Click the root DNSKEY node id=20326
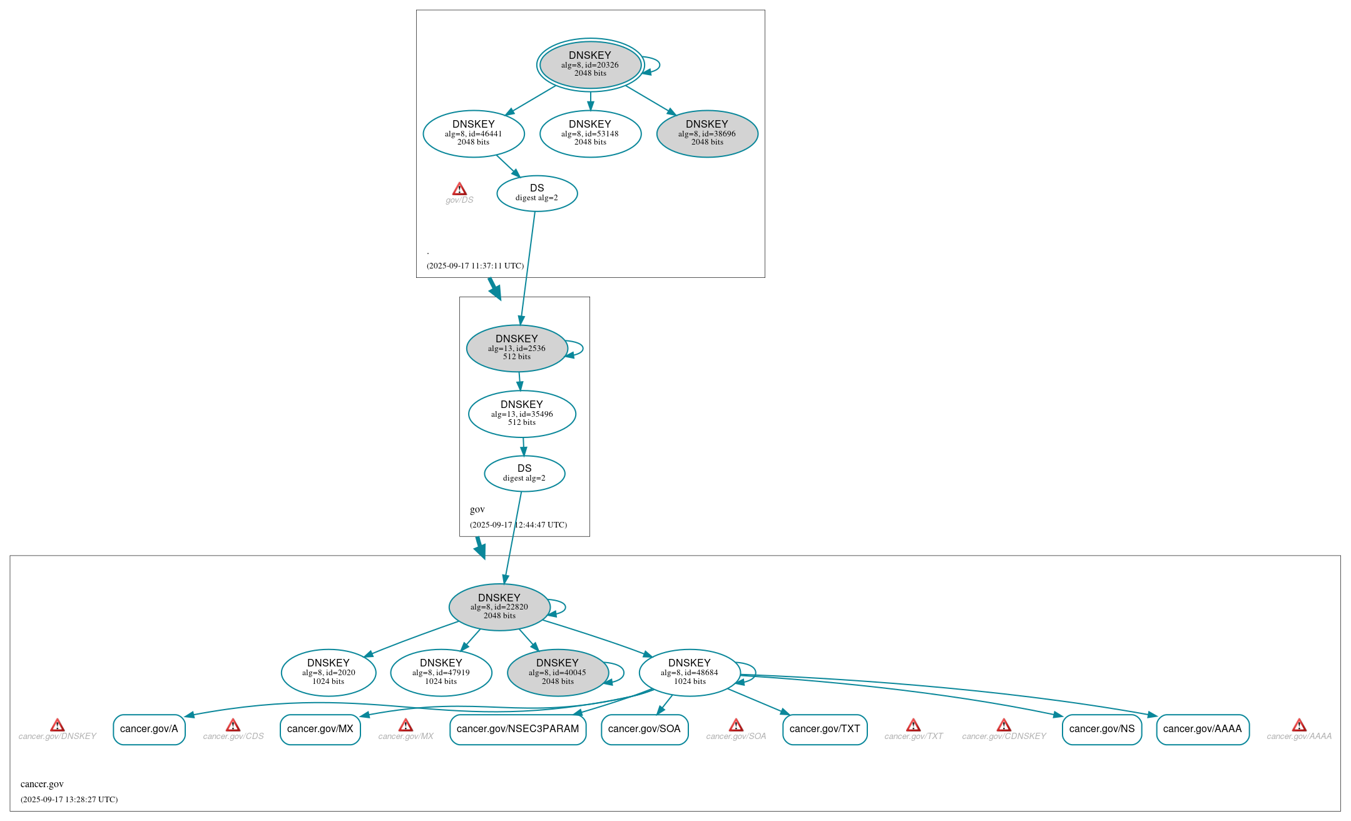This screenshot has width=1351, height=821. [590, 64]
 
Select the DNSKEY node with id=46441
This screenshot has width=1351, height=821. [474, 133]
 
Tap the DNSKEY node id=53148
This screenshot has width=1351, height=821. [590, 133]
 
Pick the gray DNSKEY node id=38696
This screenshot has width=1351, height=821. [707, 133]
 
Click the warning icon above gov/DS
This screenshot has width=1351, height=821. [459, 189]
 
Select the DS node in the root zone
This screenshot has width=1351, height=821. [537, 193]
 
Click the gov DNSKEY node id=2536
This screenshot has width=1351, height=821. [517, 348]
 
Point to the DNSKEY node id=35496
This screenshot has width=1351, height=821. [522, 414]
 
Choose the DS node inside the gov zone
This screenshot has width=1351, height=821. [524, 473]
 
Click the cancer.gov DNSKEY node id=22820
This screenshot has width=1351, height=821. [499, 606]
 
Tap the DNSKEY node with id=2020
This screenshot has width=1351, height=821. [329, 672]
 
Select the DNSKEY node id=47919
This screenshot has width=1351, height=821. [441, 672]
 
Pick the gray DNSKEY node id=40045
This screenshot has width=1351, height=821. [558, 672]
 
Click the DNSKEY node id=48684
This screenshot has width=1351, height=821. [690, 672]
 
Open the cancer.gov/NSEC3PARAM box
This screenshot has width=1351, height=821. [517, 729]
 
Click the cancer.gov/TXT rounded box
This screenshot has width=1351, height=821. [825, 729]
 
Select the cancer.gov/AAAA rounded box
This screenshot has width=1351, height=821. [1202, 729]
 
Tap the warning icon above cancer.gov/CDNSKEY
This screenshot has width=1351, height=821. [1004, 725]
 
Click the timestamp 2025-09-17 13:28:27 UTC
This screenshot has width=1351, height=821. [69, 799]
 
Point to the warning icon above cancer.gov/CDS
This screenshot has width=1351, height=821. [233, 725]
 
